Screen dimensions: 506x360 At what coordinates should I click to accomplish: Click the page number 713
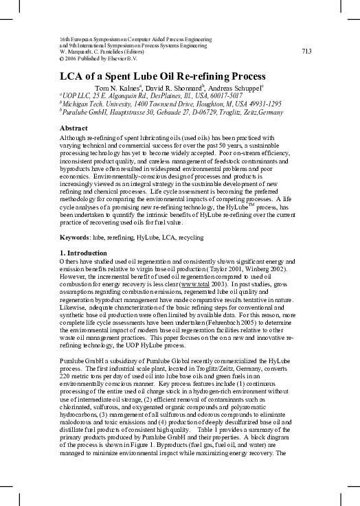pyautogui.click(x=306, y=51)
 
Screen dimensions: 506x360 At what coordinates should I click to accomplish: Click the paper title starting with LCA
pyautogui.click(x=162, y=76)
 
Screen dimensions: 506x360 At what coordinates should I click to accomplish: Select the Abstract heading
pyautogui.click(x=74, y=128)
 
